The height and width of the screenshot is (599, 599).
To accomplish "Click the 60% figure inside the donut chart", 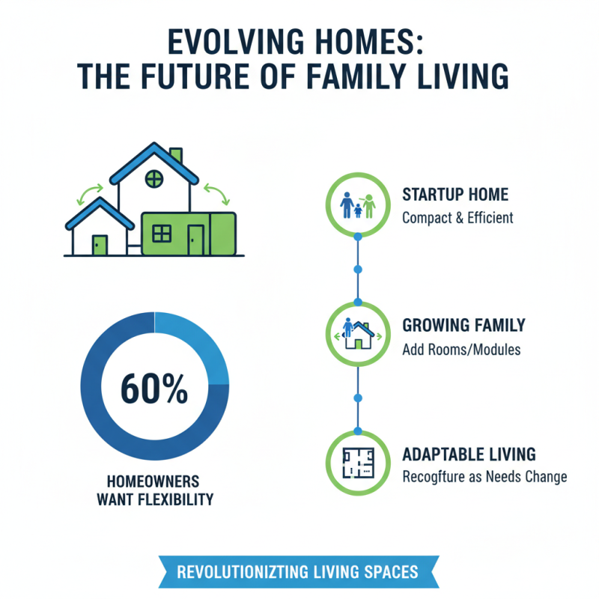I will coord(153,389).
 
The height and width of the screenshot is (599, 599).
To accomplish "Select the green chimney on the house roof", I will coord(177,156).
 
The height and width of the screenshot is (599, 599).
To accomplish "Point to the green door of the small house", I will coord(100,244).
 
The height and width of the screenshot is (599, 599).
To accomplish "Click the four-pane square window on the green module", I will coord(162,234).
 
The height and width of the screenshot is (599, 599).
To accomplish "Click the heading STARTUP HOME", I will coord(455,195).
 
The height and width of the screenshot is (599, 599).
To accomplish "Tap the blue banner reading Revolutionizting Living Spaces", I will coord(297,573).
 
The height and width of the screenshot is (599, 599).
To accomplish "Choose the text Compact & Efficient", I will coord(457,219).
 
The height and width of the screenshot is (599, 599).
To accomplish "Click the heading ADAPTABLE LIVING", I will coord(469,454).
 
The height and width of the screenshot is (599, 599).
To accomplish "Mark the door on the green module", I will coord(196,240).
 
